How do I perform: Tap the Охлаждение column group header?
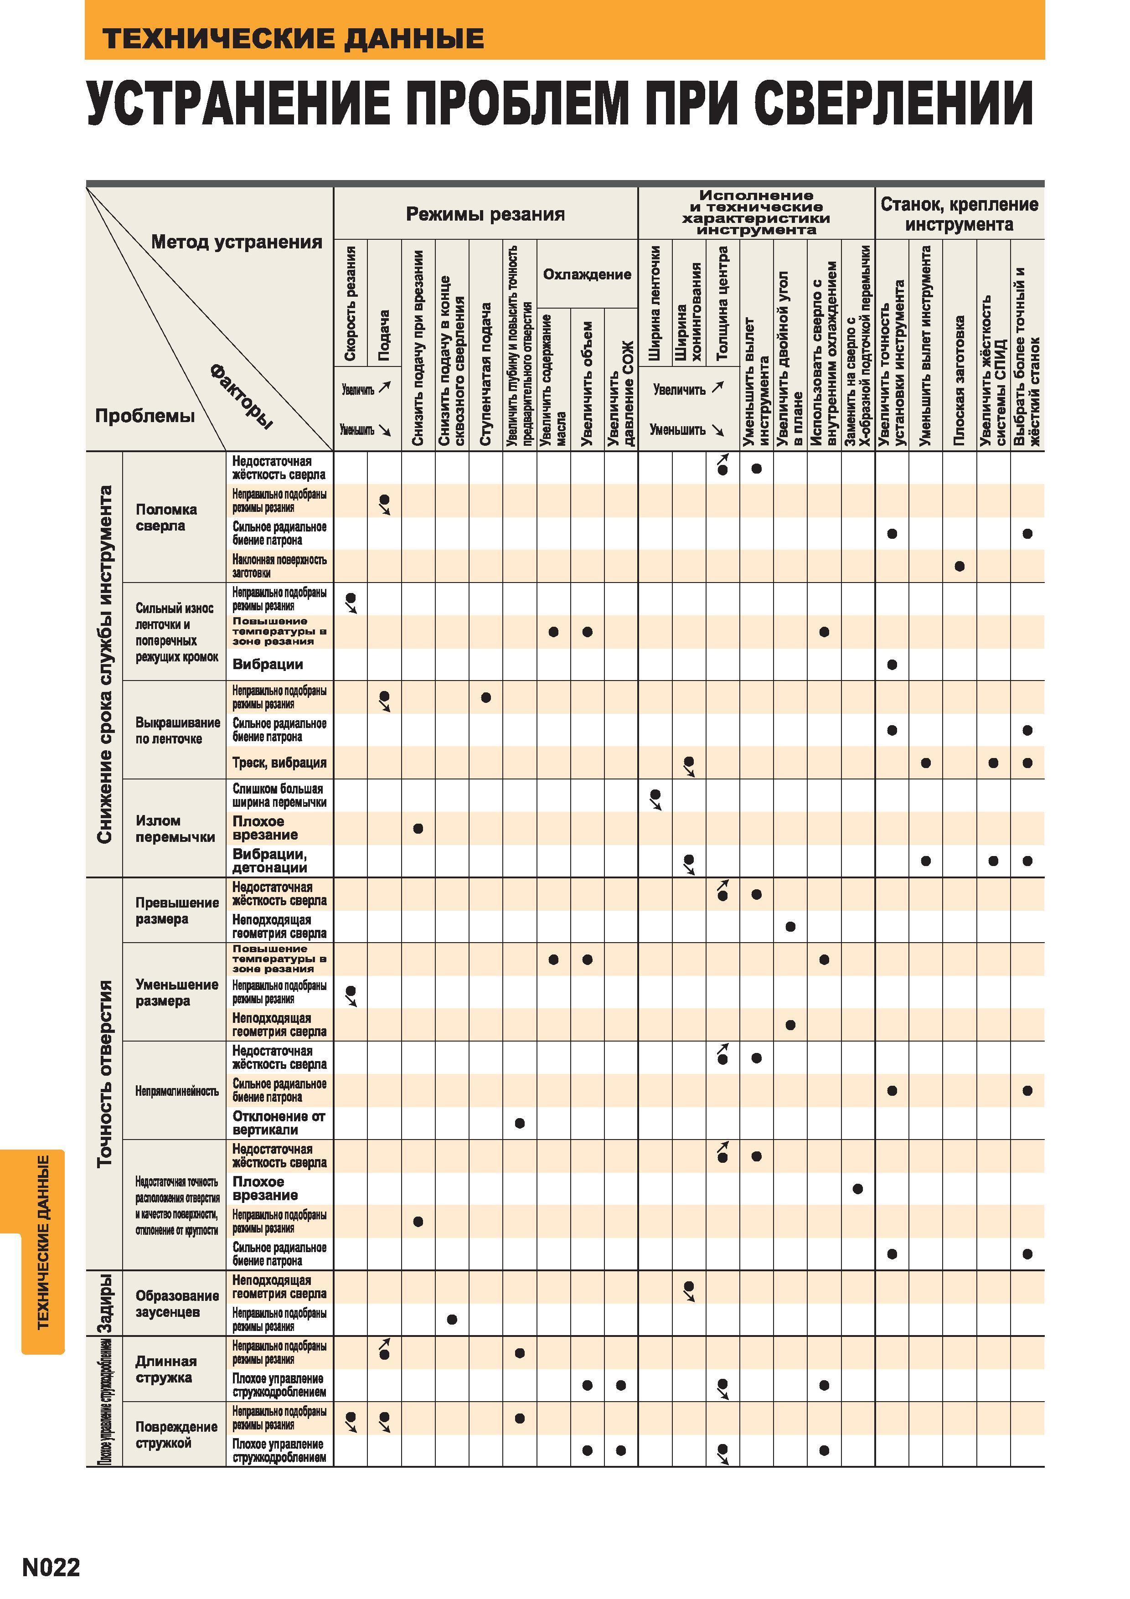[x=587, y=274]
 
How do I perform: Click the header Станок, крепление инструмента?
[x=960, y=215]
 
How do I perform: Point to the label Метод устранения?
[x=237, y=242]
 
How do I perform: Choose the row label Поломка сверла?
[x=166, y=517]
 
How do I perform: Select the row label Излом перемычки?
[x=175, y=829]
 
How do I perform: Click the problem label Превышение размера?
[x=177, y=910]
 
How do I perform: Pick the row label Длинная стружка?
[x=166, y=1369]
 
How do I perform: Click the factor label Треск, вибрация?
[x=279, y=763]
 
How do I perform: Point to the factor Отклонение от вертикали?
[x=279, y=1123]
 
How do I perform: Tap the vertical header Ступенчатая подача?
[x=486, y=374]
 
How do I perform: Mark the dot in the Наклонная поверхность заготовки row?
[x=960, y=566]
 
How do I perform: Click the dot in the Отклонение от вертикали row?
[x=519, y=1123]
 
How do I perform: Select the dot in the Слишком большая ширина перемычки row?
[x=655, y=794]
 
